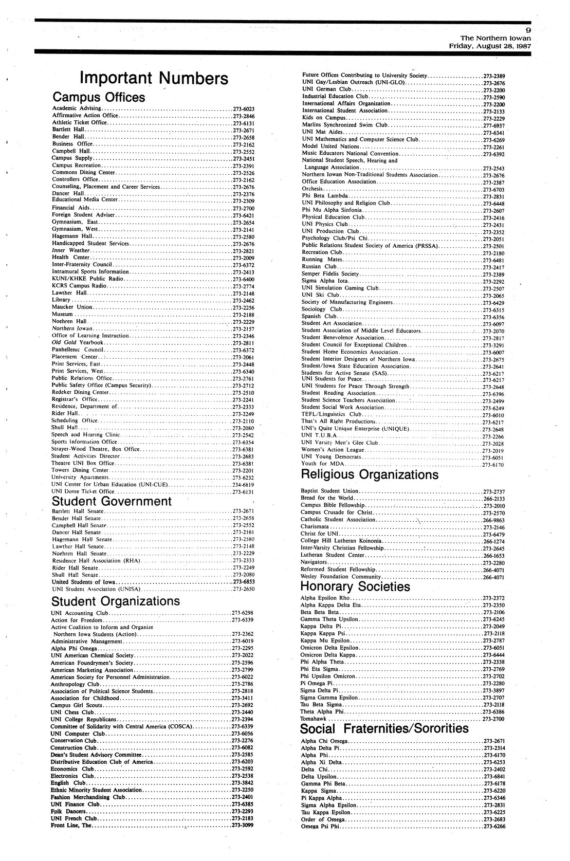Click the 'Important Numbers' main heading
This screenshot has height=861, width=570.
click(x=154, y=79)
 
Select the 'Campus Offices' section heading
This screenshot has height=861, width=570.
click(x=99, y=97)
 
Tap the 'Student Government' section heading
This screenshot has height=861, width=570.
click(x=112, y=501)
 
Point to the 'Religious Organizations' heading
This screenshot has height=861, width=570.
click(x=369, y=474)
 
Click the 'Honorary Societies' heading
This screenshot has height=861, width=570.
click(x=355, y=587)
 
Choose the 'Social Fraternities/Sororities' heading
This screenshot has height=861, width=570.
click(x=384, y=729)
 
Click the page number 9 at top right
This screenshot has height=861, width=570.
click(x=528, y=30)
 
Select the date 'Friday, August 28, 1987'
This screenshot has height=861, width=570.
click(x=489, y=45)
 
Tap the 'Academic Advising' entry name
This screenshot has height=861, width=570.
click(x=76, y=108)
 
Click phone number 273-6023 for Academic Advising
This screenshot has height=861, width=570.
click(x=243, y=108)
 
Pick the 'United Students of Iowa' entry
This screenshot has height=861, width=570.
click(x=83, y=582)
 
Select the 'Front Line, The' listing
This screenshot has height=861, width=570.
click(x=71, y=826)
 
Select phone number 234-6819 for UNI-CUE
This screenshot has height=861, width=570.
click(x=243, y=485)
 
